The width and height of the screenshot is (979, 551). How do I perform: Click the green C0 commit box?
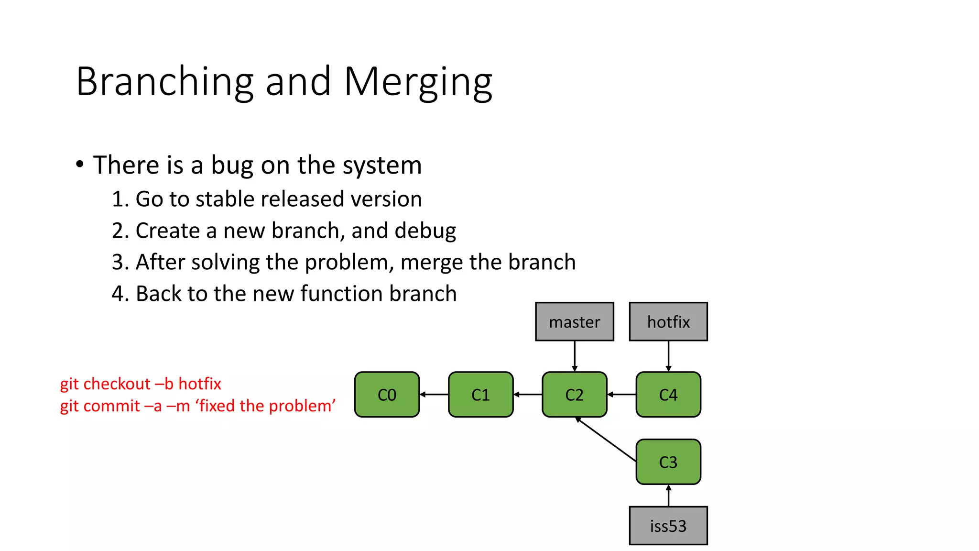click(387, 395)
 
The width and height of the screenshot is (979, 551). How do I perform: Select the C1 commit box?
click(480, 395)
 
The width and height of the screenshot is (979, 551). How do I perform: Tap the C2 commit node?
click(574, 395)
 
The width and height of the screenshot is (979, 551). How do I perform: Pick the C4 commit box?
click(668, 395)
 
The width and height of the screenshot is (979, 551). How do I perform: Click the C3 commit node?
click(668, 462)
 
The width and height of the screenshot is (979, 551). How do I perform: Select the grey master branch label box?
click(574, 322)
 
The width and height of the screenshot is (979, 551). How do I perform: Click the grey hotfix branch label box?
click(668, 322)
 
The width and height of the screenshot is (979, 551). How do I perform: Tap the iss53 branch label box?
click(668, 526)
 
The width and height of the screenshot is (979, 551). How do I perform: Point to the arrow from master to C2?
click(575, 356)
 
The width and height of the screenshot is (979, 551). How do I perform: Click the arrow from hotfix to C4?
click(668, 356)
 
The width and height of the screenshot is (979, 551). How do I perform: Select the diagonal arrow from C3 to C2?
click(606, 439)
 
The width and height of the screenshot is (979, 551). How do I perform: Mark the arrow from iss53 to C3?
click(668, 496)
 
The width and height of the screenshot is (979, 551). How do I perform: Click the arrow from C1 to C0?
click(434, 395)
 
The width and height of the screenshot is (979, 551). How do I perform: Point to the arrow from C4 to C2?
click(621, 395)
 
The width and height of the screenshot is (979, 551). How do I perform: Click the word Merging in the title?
click(418, 82)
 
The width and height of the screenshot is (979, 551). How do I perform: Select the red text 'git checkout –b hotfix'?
click(141, 384)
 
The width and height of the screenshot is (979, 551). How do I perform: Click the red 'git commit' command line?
click(197, 406)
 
